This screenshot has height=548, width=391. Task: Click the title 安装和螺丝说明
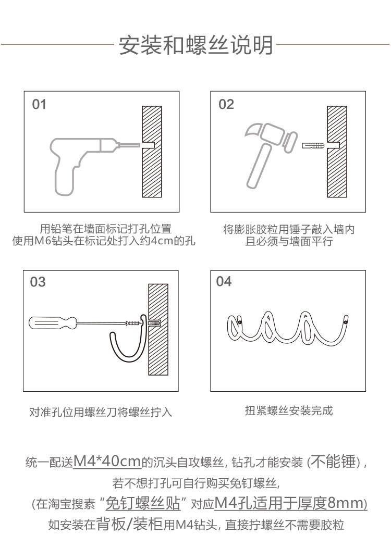coord(195,45)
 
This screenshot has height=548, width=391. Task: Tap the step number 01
coord(39,105)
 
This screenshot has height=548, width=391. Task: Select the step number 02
coord(226,105)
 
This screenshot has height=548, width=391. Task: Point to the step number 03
coord(38,282)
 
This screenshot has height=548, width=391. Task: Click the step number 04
coord(224,282)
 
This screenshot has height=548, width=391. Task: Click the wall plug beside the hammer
coord(313,143)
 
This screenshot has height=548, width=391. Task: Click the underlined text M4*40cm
coord(107,461)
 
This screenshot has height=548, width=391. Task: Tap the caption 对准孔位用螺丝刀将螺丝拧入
coord(101,413)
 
